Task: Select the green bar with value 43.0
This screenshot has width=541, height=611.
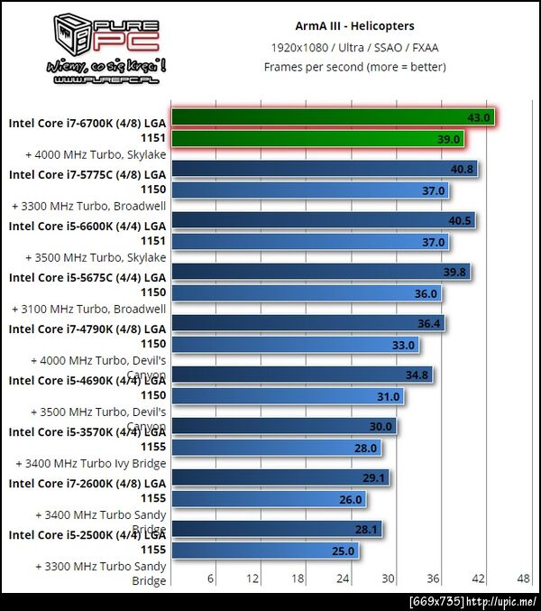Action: [333, 116]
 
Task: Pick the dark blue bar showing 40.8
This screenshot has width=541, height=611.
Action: [324, 168]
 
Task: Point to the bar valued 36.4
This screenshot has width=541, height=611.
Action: [307, 322]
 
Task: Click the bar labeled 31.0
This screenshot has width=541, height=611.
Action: [287, 396]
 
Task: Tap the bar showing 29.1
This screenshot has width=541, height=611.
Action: [280, 477]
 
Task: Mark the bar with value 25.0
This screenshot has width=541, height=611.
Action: [264, 551]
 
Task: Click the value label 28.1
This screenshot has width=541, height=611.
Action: [368, 529]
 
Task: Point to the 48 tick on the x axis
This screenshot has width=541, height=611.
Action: [523, 578]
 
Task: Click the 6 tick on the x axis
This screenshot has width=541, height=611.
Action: [211, 578]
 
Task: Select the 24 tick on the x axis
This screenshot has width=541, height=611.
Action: [344, 578]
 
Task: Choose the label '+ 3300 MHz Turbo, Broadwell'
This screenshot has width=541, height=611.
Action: [89, 206]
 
